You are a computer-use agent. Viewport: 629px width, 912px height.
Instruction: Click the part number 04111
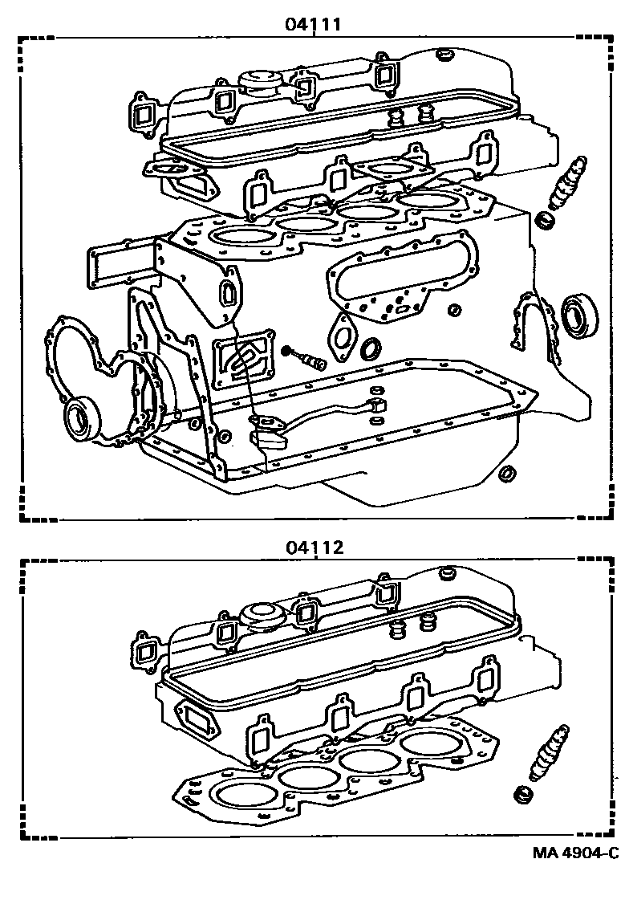pos(314,25)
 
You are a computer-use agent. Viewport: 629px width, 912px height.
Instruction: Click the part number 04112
pos(314,548)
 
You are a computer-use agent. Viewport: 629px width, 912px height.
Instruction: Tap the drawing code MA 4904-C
pos(575,852)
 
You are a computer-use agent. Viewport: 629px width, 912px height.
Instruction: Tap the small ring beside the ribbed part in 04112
pos(524,795)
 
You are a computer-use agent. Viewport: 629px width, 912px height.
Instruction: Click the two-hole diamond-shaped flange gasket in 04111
pos(345,330)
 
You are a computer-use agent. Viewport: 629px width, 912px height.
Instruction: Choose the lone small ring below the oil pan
pos(507,474)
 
